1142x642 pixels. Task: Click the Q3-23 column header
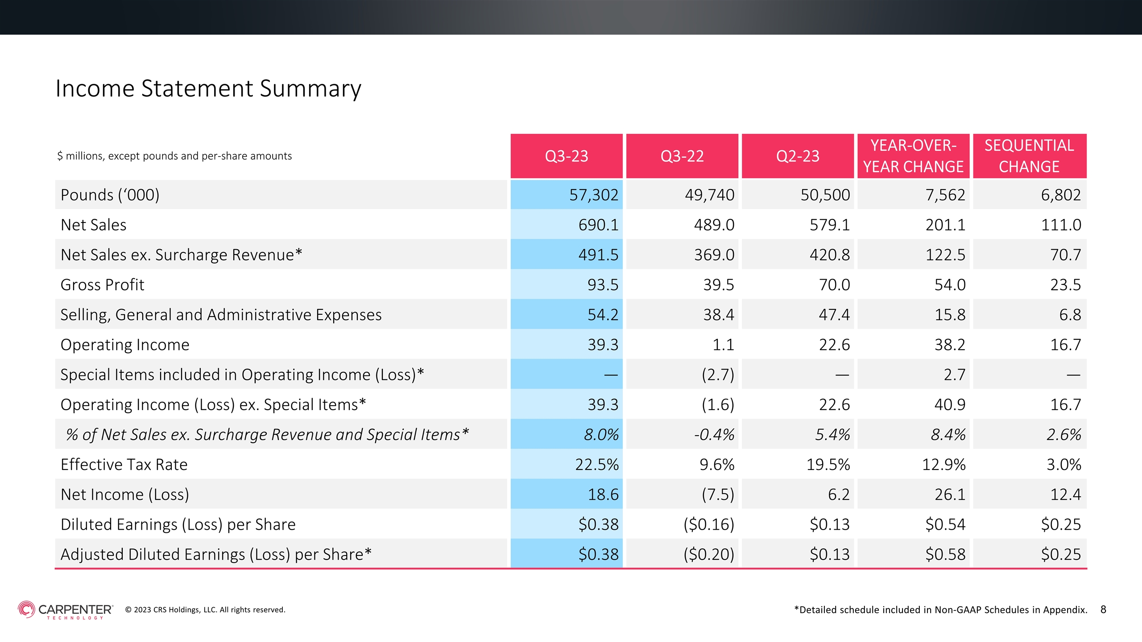click(567, 156)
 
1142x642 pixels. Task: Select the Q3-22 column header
click(682, 156)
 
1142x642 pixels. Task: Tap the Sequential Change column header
click(1030, 156)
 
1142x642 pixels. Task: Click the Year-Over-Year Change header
click(913, 156)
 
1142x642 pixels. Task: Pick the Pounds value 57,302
click(594, 195)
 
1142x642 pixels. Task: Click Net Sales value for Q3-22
click(714, 225)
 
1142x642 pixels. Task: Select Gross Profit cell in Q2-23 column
click(834, 284)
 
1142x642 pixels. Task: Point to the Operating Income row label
click(125, 345)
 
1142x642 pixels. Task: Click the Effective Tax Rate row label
click(124, 465)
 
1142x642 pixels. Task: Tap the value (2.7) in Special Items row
click(718, 374)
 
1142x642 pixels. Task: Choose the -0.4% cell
click(714, 435)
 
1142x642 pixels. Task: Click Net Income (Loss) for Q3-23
click(603, 494)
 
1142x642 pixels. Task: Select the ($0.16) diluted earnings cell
click(709, 524)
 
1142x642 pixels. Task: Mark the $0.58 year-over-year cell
click(945, 554)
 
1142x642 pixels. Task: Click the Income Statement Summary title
click(208, 88)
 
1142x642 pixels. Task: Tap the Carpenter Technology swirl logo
click(26, 609)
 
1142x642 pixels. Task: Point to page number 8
click(1103, 609)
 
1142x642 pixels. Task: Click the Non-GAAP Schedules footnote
click(941, 610)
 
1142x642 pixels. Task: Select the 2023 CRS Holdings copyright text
click(205, 610)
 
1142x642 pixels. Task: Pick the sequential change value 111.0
click(1061, 225)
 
